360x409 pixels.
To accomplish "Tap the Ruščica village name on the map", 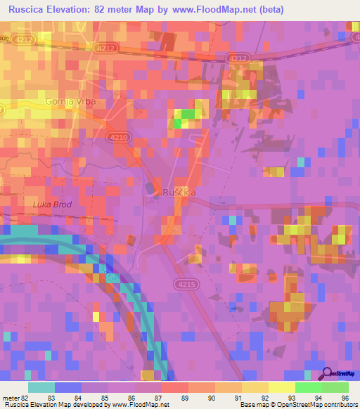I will click(179, 192).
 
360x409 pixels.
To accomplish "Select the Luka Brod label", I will click(52, 204).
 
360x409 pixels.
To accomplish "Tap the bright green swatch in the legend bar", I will click(308, 387).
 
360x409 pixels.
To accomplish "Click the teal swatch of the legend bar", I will click(41, 387).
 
